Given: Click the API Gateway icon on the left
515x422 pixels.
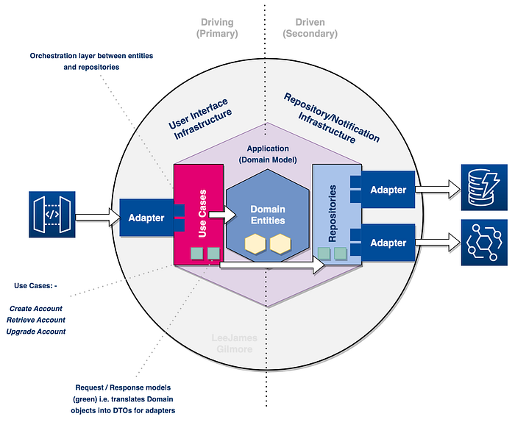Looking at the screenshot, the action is (x=52, y=214).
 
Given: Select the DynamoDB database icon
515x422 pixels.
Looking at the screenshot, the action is (x=484, y=187).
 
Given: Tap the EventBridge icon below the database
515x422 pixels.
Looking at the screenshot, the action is (x=484, y=243).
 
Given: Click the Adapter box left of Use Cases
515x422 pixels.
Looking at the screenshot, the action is (x=146, y=218).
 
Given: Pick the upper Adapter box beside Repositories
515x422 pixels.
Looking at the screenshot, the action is (x=388, y=190).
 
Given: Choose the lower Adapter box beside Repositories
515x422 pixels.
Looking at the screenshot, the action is (x=388, y=243).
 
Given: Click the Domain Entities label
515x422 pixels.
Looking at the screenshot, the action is (x=268, y=215).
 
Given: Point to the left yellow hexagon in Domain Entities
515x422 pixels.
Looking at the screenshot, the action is (x=255, y=244).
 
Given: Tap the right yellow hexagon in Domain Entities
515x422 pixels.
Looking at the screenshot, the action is (x=280, y=244).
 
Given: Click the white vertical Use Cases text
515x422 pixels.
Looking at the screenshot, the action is (x=202, y=213).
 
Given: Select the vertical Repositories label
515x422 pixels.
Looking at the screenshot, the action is (x=333, y=213).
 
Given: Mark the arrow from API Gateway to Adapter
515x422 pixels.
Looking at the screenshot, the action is (x=98, y=217).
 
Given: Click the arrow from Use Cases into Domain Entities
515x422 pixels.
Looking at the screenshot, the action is (x=222, y=215).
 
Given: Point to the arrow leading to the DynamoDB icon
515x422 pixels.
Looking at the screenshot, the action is (x=438, y=190).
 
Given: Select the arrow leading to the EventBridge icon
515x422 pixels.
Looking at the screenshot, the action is (x=438, y=243).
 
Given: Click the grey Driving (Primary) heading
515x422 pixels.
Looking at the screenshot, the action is (x=217, y=28).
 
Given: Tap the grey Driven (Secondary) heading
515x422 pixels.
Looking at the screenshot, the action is (x=310, y=28).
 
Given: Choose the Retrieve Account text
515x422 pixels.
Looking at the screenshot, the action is (x=36, y=320).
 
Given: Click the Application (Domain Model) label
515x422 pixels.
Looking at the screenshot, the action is (x=268, y=154).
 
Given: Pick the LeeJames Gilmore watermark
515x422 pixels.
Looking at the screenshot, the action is (x=234, y=343).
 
